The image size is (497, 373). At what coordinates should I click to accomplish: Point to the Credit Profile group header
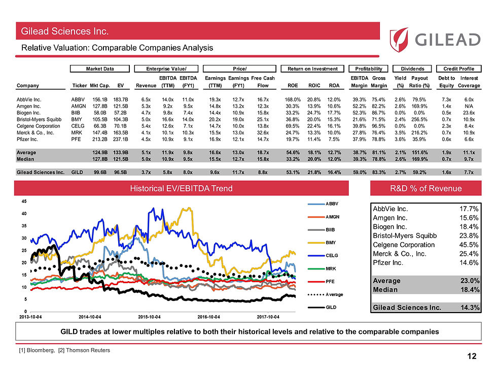click(x=458, y=69)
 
